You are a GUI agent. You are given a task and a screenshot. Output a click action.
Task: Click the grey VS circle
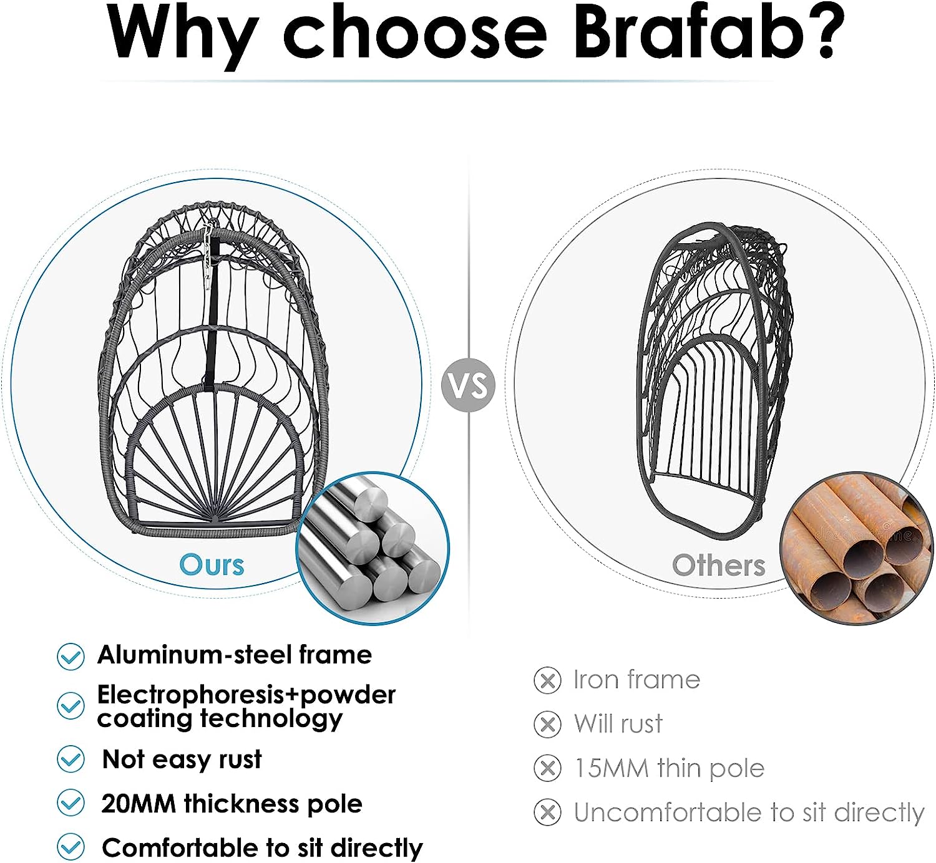point(468,385)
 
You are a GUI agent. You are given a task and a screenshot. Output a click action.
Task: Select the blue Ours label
point(212,565)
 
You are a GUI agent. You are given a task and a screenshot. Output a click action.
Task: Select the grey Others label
point(718,566)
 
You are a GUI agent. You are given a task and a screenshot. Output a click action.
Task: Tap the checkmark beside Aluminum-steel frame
point(71,656)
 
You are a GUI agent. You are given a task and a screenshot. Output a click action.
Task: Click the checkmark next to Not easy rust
point(71,759)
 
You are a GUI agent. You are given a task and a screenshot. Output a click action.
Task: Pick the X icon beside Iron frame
point(547,680)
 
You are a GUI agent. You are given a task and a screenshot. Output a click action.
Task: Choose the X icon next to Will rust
point(547,725)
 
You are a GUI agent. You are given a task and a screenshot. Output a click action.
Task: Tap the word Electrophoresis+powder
point(246,695)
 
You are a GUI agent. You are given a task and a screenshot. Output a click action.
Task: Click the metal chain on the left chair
point(208,249)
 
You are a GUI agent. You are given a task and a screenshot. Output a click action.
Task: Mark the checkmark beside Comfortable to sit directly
point(71,847)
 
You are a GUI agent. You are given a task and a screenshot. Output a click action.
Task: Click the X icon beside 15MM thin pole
point(547,769)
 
